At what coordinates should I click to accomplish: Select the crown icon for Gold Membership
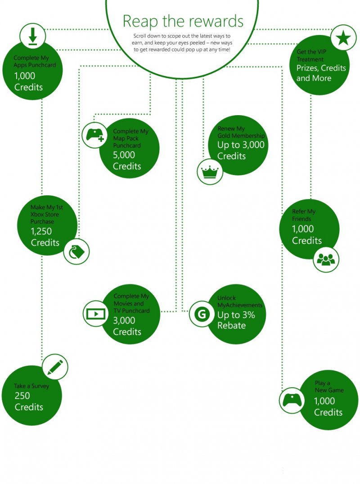tap(210, 171)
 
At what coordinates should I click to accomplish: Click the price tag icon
tap(76, 251)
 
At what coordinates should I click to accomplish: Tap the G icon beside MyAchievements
tap(202, 314)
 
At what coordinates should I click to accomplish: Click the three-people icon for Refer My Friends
tap(326, 260)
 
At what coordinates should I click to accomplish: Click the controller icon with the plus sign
tap(95, 135)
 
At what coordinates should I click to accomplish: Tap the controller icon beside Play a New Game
tap(292, 400)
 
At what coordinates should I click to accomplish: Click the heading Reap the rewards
tap(183, 21)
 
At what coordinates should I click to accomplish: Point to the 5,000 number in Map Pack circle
tap(124, 156)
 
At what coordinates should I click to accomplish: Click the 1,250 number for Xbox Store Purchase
tap(41, 232)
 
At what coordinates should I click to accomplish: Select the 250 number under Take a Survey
tap(22, 396)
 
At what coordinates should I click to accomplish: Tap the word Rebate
tap(231, 326)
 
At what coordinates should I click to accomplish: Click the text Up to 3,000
tap(241, 145)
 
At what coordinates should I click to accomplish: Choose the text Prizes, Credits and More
tap(321, 73)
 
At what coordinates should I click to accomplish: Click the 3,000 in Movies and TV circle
tap(124, 321)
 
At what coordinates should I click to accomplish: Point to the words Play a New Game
tap(328, 386)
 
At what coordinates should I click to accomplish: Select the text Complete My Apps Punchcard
tap(31, 61)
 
